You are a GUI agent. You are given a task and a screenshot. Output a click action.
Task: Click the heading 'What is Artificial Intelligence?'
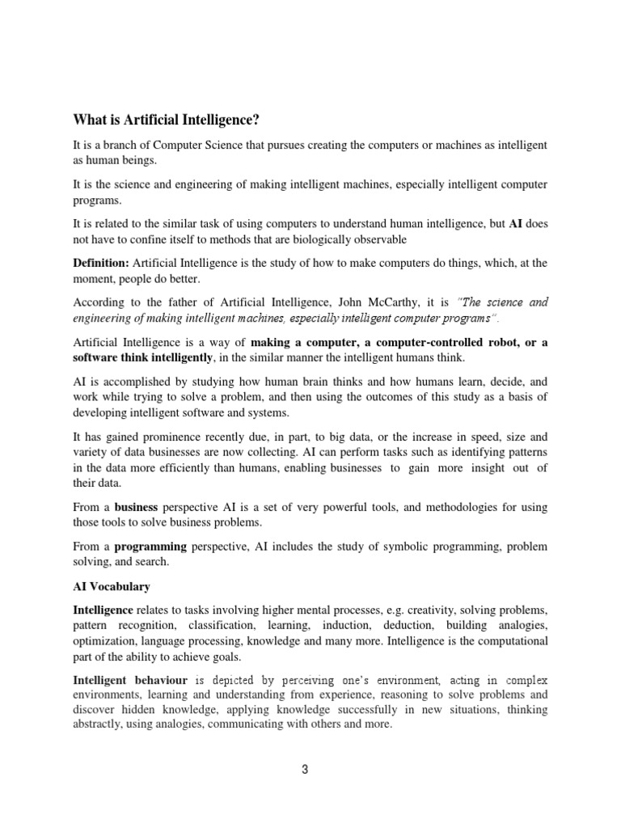click(x=167, y=120)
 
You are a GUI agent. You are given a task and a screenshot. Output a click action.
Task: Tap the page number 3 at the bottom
click(x=305, y=769)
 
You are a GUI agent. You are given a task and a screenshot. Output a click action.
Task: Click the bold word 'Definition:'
click(x=101, y=263)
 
